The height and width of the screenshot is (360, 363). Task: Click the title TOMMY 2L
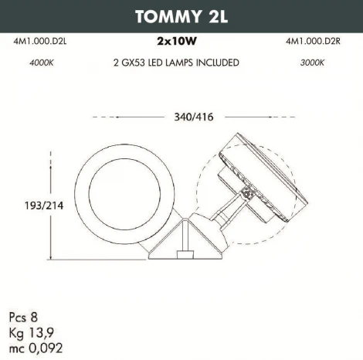click(181, 16)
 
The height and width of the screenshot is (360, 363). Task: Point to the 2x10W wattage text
click(181, 45)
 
